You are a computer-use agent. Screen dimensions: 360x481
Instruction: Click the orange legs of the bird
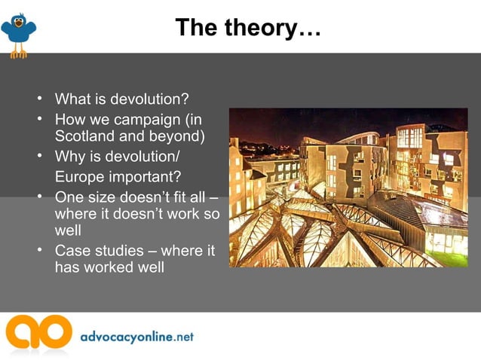(x=18, y=52)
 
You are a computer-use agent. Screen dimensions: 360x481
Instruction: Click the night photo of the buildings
(x=348, y=188)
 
